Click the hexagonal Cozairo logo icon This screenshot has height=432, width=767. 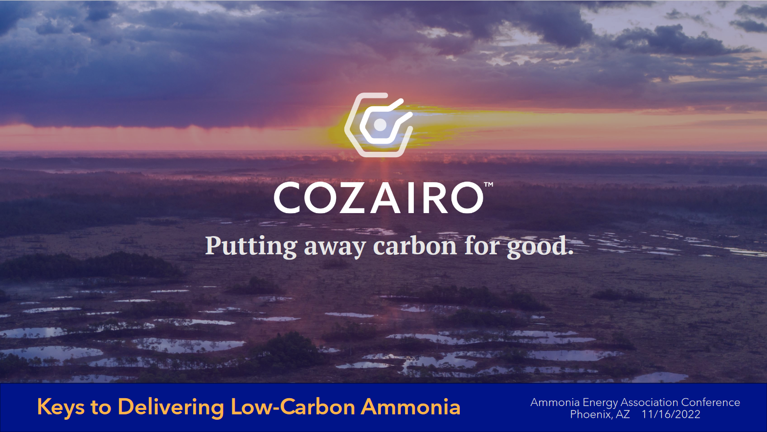pyautogui.click(x=379, y=125)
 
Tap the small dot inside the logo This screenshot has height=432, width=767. pyautogui.click(x=380, y=125)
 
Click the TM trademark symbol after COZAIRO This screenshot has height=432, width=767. pyautogui.click(x=488, y=185)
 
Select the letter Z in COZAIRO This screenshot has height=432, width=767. pyautogui.click(x=354, y=198)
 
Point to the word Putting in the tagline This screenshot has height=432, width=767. pyautogui.click(x=251, y=246)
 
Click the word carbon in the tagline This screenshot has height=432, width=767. pyautogui.click(x=415, y=246)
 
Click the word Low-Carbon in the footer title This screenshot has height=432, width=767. pyautogui.click(x=293, y=407)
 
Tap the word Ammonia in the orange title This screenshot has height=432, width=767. pyautogui.click(x=410, y=407)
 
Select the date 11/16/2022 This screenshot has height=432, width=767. pyautogui.click(x=671, y=414)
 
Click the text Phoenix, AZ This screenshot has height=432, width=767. pyautogui.click(x=600, y=414)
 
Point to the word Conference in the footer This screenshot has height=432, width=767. pyautogui.click(x=710, y=402)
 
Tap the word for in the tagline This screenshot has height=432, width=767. pyautogui.click(x=482, y=246)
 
